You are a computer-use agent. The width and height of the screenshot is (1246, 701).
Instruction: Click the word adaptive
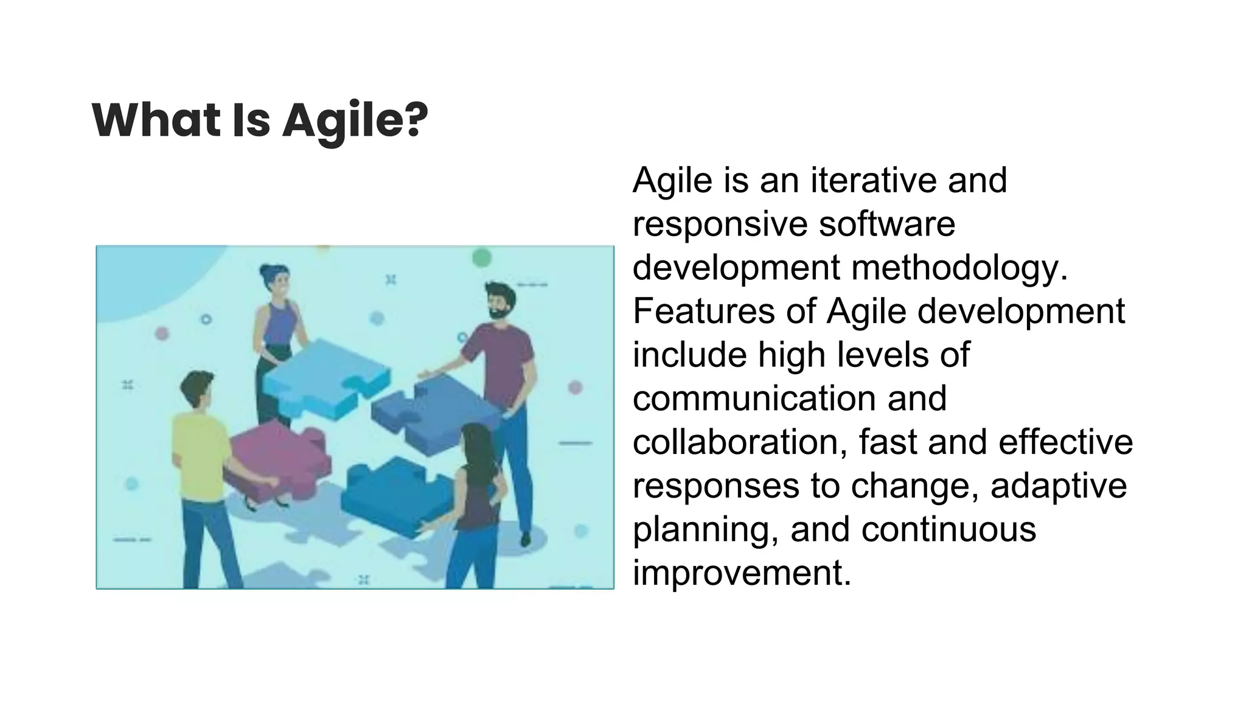pos(1059,486)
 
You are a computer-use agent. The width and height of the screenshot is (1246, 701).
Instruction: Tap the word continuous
pos(948,529)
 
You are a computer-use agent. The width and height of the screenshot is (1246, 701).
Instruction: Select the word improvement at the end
pos(741,573)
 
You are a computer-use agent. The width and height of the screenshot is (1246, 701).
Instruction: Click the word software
pos(886,224)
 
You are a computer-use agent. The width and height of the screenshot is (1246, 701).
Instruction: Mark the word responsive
pos(720,224)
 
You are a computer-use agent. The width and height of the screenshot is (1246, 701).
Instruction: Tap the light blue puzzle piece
pos(322,377)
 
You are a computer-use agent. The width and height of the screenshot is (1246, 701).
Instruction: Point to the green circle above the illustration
pos(481,257)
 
